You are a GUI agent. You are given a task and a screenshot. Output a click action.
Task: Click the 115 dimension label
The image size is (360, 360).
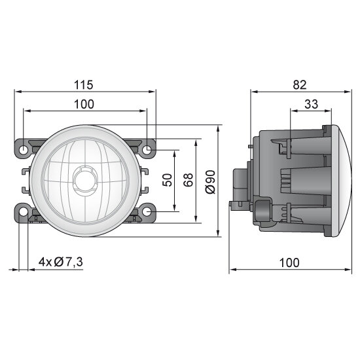click(84, 84)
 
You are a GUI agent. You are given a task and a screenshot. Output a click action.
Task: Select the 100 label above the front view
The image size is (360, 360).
click(84, 103)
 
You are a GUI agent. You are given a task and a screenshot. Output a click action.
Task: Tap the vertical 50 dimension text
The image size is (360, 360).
click(168, 180)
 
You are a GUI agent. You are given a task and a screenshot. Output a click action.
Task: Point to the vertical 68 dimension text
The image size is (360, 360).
click(189, 180)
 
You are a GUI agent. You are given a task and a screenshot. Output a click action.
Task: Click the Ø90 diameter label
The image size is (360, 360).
click(210, 181)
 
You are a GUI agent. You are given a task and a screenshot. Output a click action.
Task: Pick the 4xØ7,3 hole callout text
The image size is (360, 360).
click(61, 262)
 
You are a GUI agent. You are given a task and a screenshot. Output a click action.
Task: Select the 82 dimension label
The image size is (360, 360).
click(300, 84)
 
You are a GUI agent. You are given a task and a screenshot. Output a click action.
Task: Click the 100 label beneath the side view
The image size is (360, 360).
click(288, 262)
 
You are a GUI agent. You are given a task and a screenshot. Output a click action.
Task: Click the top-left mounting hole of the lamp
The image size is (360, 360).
click(24, 150)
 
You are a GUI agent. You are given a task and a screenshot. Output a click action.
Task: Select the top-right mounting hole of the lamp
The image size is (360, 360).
click(147, 150)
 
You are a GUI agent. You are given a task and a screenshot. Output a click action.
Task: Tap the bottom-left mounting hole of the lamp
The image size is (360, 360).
click(24, 212)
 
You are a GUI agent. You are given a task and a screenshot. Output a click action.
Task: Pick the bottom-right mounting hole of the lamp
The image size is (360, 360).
click(147, 212)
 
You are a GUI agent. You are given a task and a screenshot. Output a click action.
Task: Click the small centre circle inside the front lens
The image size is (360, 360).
click(84, 177)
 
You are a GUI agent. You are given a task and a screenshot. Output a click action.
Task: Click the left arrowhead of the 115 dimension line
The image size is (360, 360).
click(17, 92)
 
